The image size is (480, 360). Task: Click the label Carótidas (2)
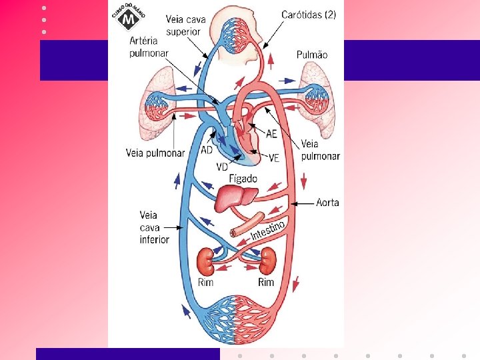tap(309, 14)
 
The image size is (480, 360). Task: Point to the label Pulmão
tap(312, 55)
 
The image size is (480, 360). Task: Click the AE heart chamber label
tap(271, 133)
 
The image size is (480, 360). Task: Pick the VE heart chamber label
tap(273, 157)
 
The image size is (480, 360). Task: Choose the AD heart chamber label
tap(207, 149)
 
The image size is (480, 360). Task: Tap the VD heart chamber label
tap(223, 166)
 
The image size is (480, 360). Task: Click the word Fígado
tap(243, 179)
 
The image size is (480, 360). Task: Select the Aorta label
tap(327, 202)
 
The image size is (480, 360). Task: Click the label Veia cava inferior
tap(154, 227)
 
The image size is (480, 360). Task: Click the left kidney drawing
tap(206, 261)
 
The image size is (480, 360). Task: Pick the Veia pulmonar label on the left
tap(155, 153)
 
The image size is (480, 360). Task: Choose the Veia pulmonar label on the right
tap(320, 150)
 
